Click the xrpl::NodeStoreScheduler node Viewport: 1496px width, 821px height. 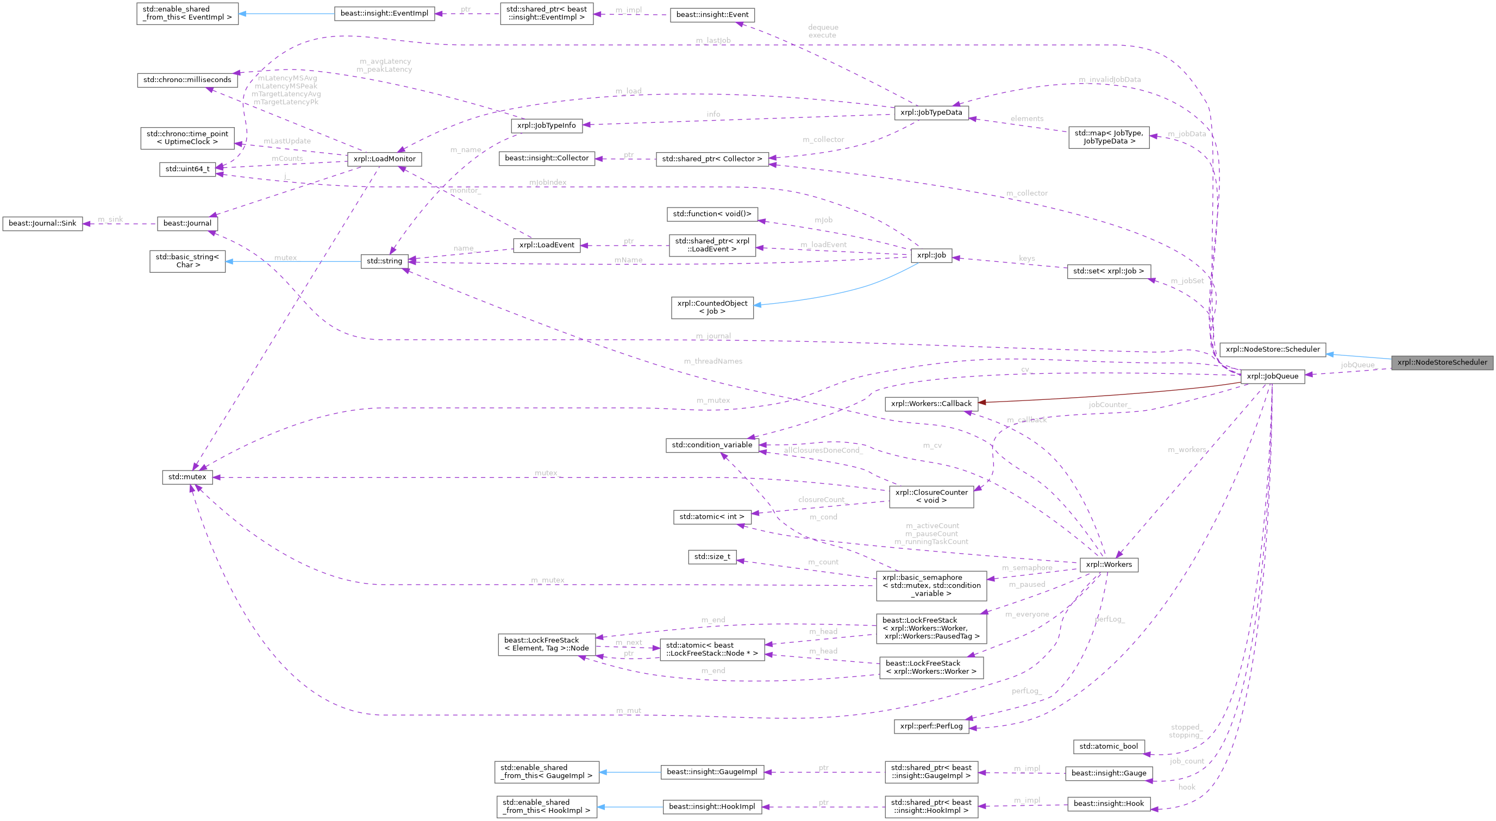click(x=1442, y=362)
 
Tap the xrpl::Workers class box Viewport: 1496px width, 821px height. click(x=1109, y=565)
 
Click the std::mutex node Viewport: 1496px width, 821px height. click(x=187, y=477)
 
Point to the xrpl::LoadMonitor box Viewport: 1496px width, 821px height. click(x=384, y=159)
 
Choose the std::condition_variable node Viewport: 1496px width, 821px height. click(x=711, y=445)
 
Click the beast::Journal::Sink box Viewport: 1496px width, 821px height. click(x=42, y=223)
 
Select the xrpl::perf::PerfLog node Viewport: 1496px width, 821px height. click(x=931, y=726)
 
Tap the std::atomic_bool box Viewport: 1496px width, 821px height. click(x=1109, y=746)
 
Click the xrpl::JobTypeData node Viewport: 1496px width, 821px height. click(x=931, y=112)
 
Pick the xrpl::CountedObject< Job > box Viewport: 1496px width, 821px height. click(x=712, y=307)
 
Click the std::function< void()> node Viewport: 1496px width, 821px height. click(x=712, y=214)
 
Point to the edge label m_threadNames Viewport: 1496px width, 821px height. click(x=712, y=361)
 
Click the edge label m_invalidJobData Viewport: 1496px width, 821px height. click(x=1109, y=79)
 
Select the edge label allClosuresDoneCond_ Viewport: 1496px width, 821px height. click(x=823, y=450)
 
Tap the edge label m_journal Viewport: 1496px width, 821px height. click(x=713, y=336)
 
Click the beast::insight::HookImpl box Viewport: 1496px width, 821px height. click(x=712, y=806)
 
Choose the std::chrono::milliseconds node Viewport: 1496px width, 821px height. click(x=187, y=79)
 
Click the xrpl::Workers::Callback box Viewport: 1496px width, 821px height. click(x=931, y=404)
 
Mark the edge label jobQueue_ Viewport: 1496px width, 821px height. click(x=1357, y=365)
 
